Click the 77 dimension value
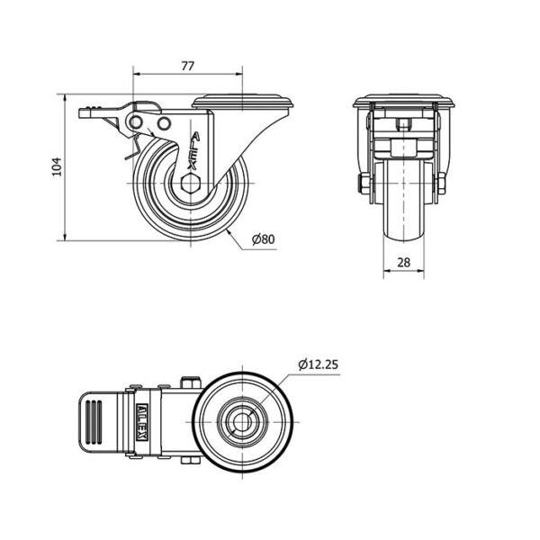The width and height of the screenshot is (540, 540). [x=188, y=66]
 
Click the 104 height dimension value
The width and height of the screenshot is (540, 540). [x=57, y=167]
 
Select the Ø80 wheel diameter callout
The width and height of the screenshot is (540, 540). [x=264, y=239]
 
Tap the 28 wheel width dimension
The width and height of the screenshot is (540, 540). [x=404, y=263]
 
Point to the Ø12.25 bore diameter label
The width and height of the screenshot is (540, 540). [x=319, y=364]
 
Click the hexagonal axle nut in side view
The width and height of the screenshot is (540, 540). [x=190, y=183]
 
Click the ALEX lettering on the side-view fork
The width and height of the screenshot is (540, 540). [x=193, y=151]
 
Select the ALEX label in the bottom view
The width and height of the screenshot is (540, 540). [x=142, y=422]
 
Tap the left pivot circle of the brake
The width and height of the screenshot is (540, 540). [x=136, y=122]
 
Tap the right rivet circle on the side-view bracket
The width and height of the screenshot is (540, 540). [x=165, y=123]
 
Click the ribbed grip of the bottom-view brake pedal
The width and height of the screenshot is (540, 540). [x=94, y=421]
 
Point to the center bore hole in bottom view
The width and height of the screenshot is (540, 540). [x=242, y=422]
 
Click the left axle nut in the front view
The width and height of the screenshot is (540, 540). [x=364, y=184]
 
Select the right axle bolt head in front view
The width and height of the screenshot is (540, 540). [x=442, y=184]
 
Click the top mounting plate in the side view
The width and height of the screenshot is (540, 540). [x=243, y=102]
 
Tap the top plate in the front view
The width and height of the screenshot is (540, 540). [x=403, y=101]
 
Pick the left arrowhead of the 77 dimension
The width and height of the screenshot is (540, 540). [x=137, y=74]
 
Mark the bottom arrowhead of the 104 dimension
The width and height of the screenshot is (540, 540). [x=65, y=237]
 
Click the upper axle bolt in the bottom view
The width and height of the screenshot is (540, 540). [x=191, y=382]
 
